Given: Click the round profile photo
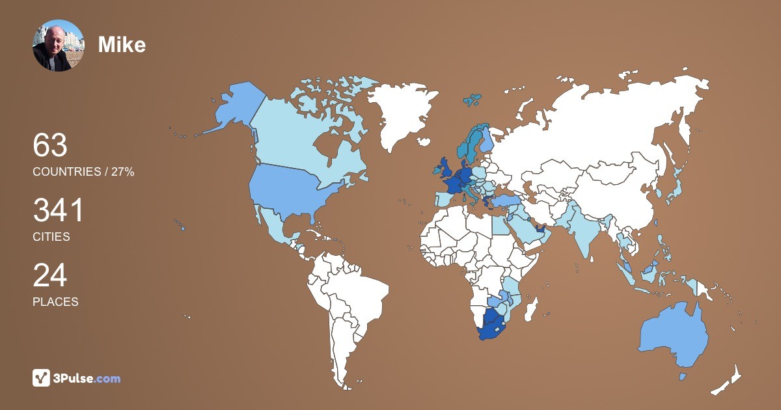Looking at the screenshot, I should [59, 46].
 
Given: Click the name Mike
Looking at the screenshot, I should [122, 45].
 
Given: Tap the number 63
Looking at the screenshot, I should [50, 145].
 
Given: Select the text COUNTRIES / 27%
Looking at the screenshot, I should [83, 172].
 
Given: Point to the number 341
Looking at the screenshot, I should [59, 211].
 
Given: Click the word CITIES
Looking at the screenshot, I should [51, 237].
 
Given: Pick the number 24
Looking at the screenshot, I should [50, 276].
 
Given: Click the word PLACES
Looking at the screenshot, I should [55, 302].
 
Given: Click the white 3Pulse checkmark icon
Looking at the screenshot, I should [42, 377].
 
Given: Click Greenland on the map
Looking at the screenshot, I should [400, 114].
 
